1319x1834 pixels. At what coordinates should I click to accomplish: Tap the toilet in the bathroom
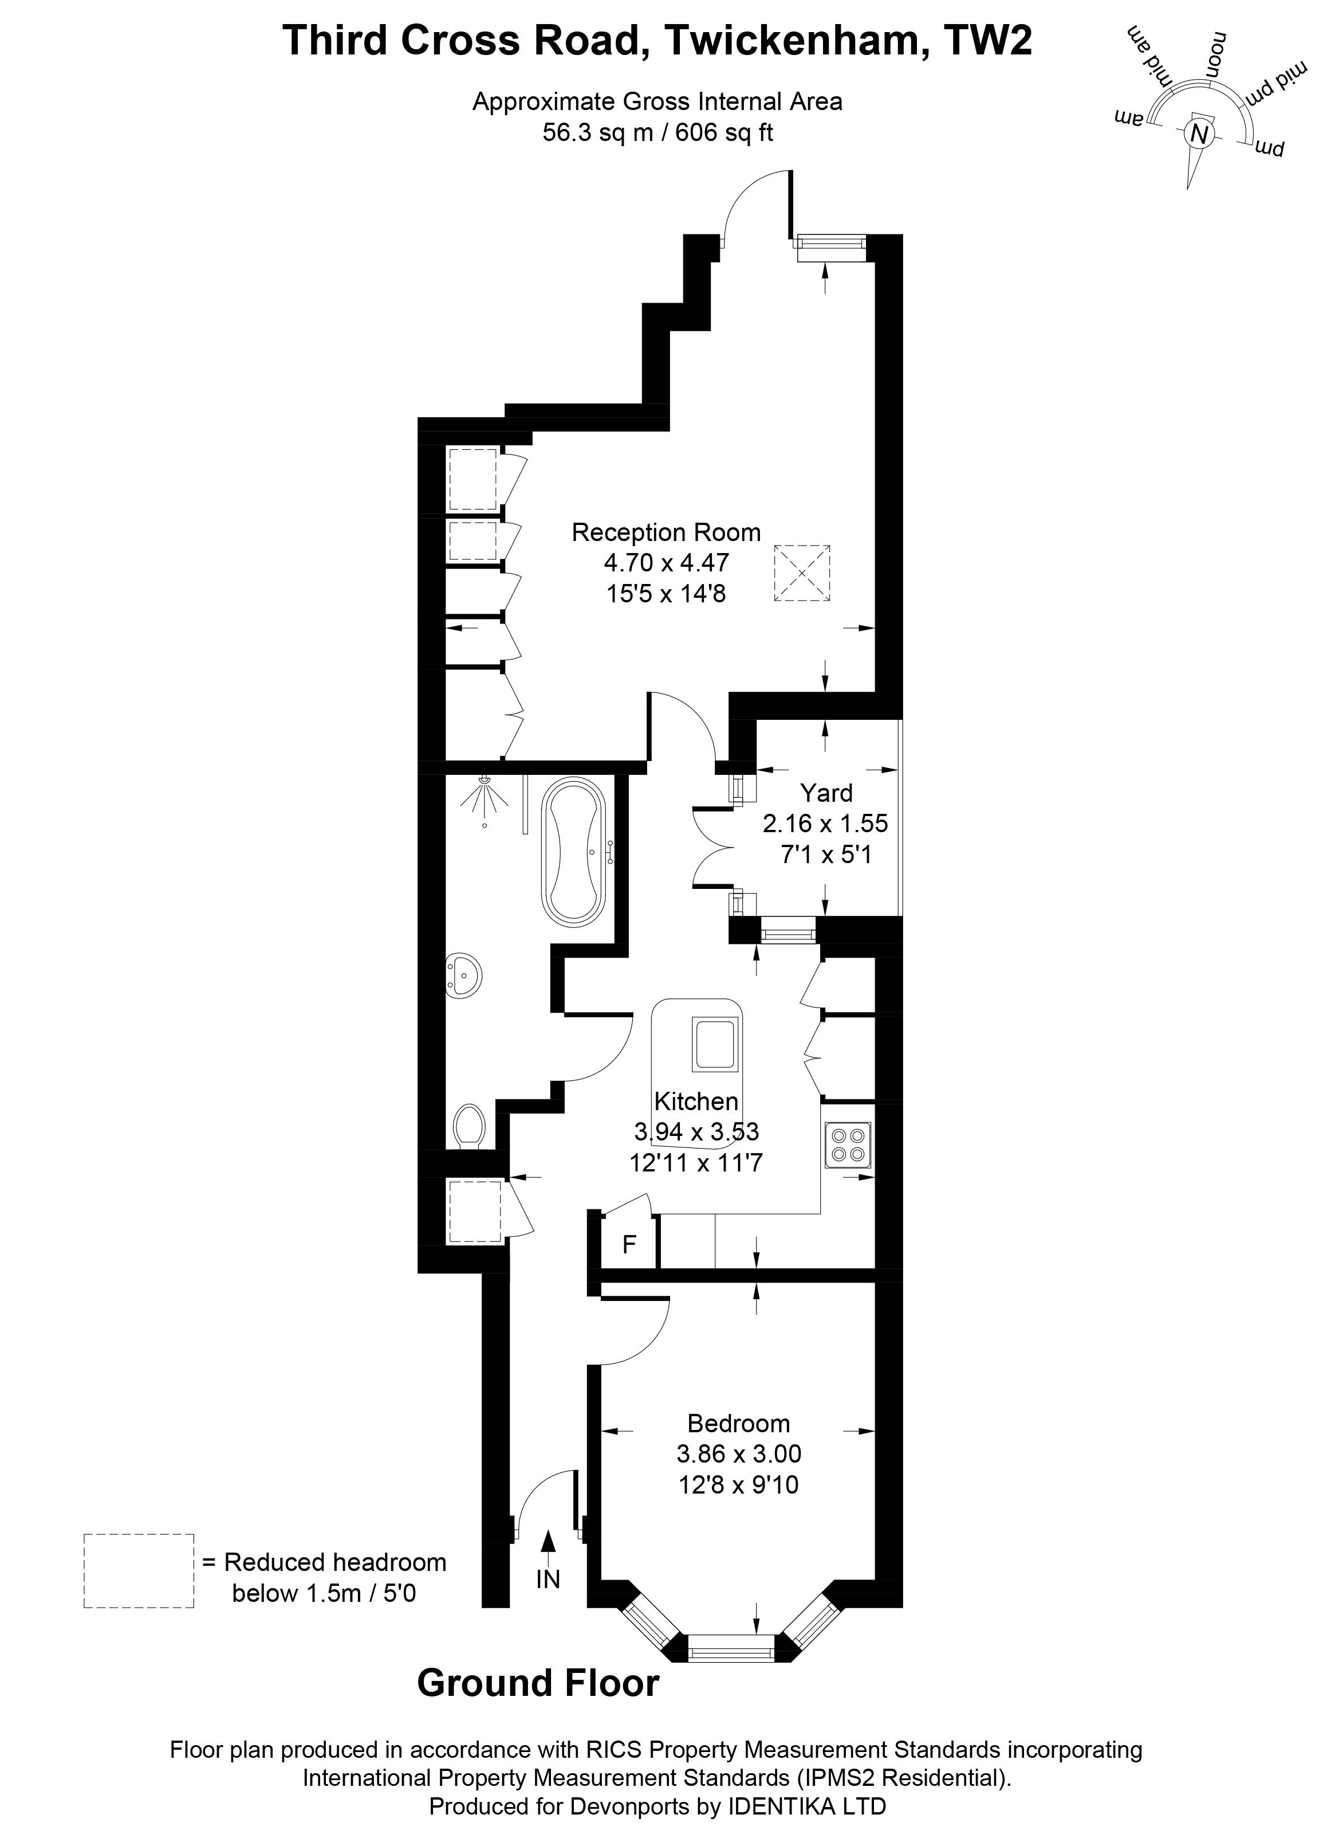[468, 1126]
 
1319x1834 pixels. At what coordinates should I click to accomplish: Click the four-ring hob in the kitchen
[848, 1144]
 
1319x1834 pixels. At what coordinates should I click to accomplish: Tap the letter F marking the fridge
[629, 1244]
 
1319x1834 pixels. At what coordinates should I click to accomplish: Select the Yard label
[826, 793]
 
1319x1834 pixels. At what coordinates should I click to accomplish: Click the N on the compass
[1199, 134]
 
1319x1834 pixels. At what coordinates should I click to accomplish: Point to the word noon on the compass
[1216, 55]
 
